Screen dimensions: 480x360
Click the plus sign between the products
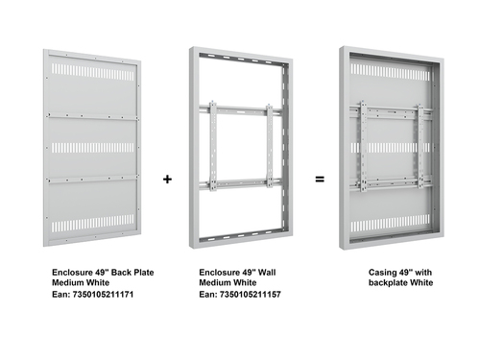[x=167, y=180]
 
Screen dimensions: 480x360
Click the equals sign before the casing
[x=320, y=180]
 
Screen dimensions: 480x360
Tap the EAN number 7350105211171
[x=103, y=295]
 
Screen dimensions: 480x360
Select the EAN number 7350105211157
[x=251, y=295]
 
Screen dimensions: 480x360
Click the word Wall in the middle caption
[x=267, y=273]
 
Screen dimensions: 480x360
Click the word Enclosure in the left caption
[x=73, y=273]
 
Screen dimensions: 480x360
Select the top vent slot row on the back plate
[x=93, y=72]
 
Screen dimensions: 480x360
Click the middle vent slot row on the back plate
[x=93, y=148]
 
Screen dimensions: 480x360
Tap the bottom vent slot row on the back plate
[x=93, y=223]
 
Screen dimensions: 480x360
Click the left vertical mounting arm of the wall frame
[x=213, y=146]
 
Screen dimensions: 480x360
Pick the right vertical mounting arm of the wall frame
[x=270, y=146]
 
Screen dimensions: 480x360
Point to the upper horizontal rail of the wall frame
[x=241, y=109]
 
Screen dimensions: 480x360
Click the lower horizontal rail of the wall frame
[x=241, y=184]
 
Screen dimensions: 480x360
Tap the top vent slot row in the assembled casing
[x=391, y=72]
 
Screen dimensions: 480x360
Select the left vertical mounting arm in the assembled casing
[x=363, y=146]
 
